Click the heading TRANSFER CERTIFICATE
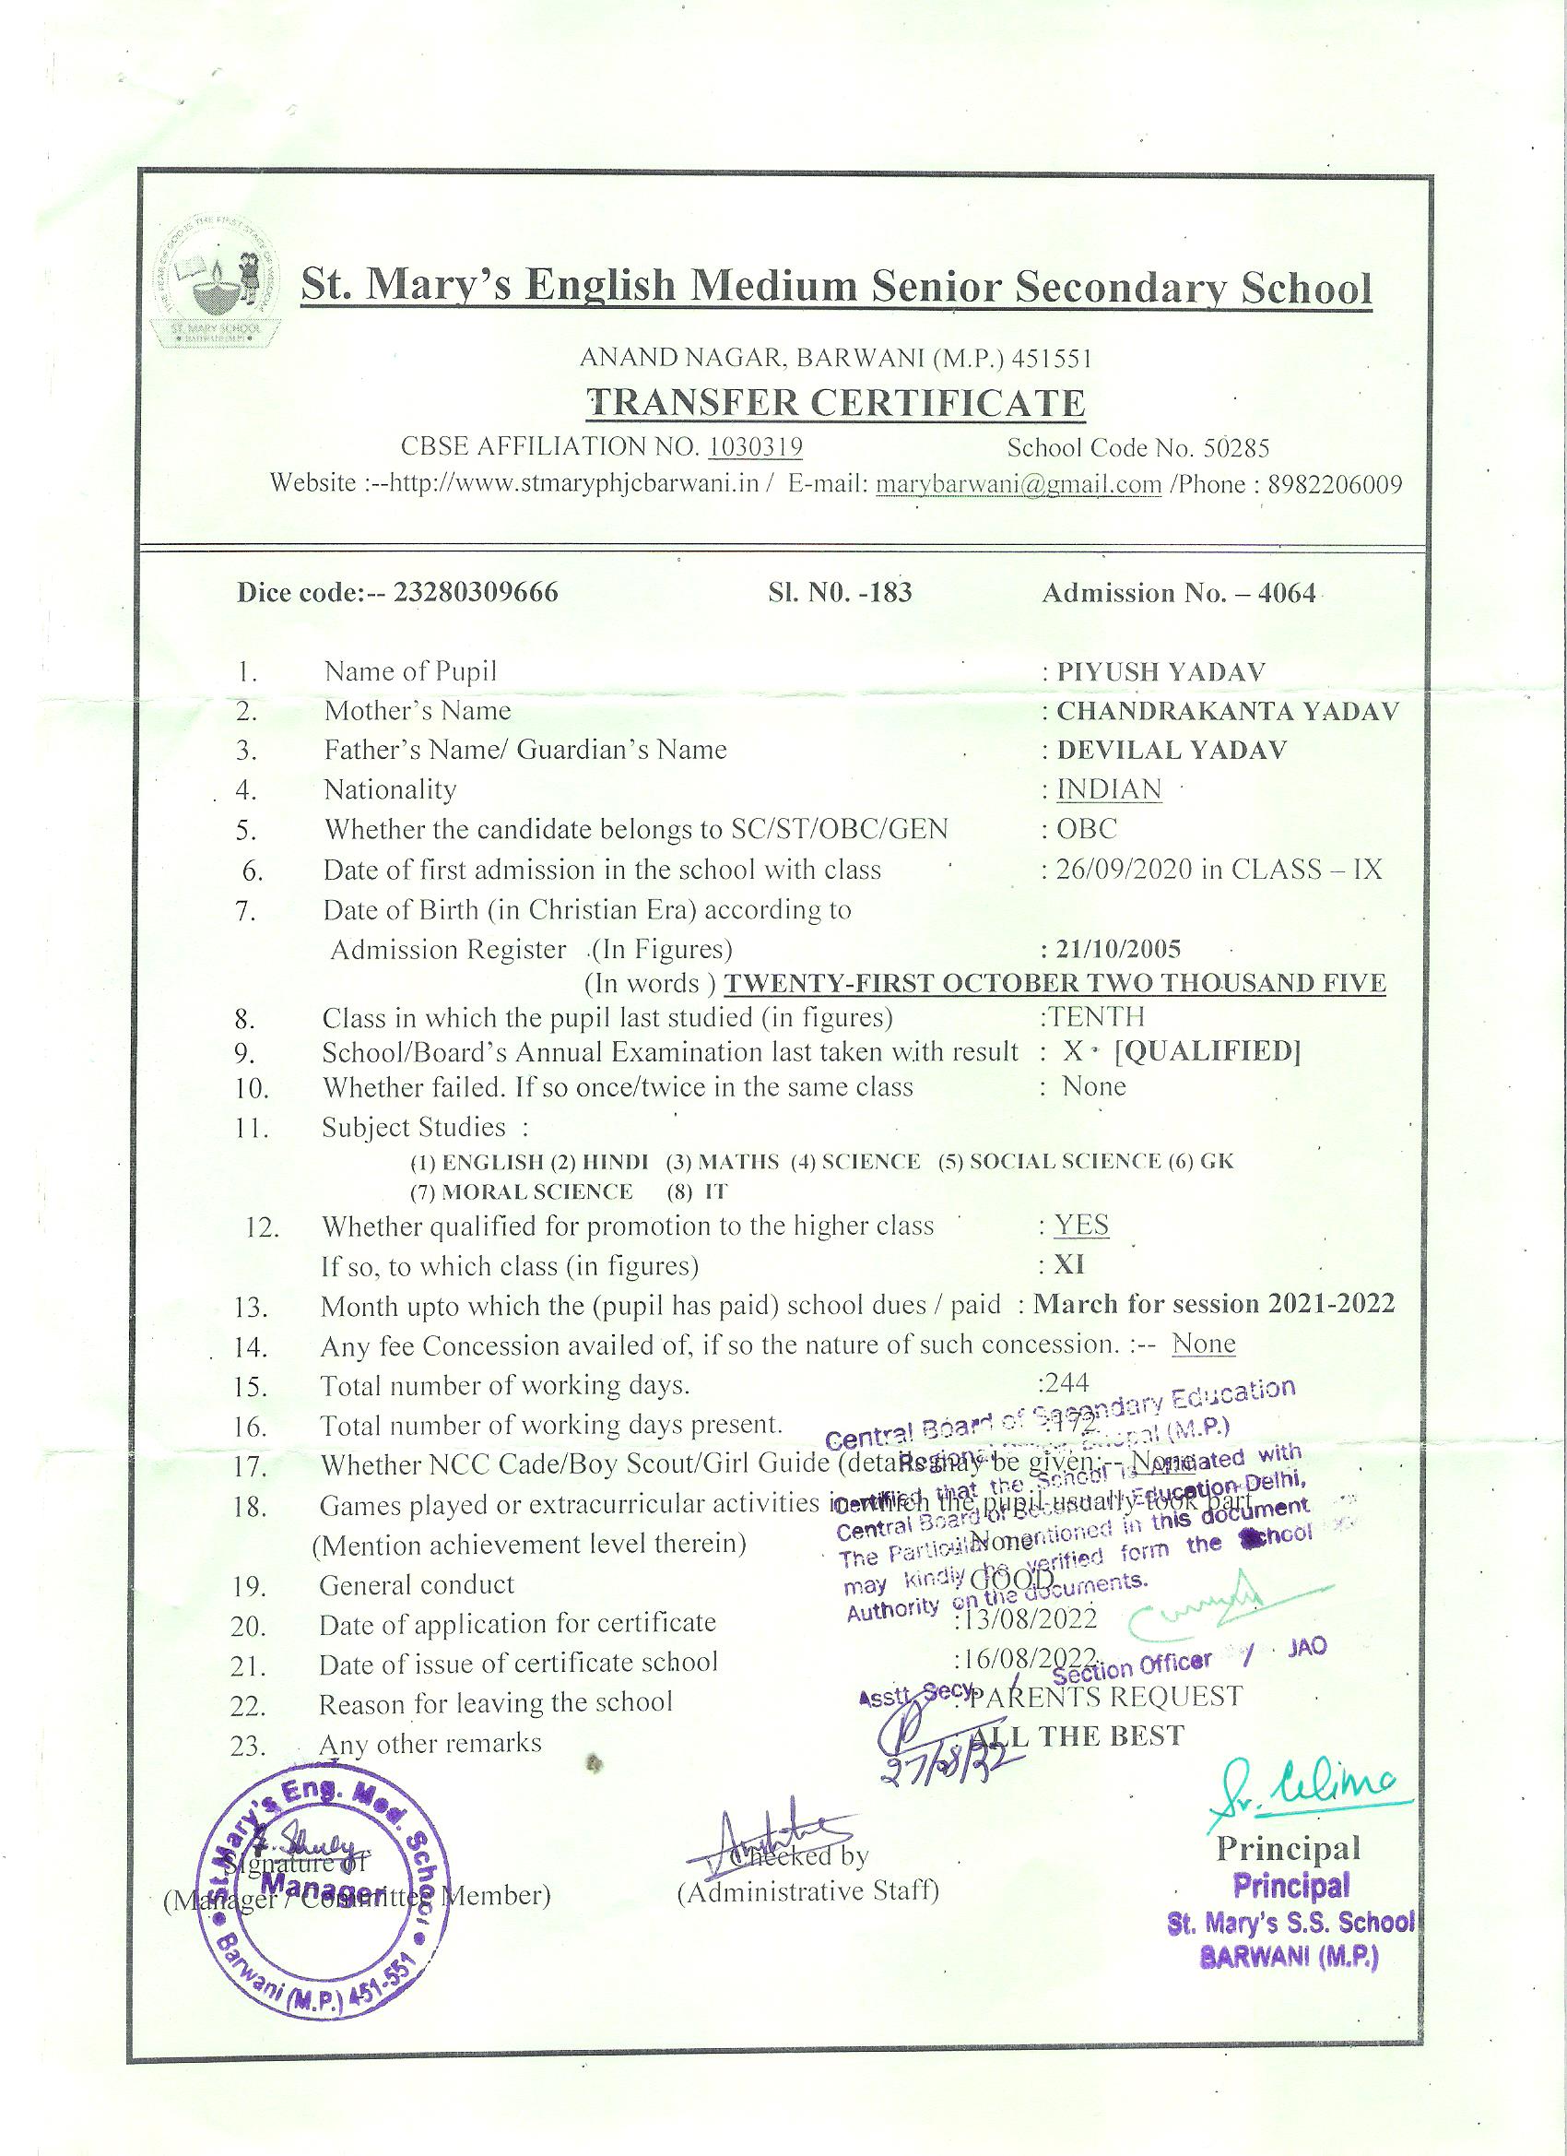(836, 403)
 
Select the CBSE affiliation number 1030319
(757, 447)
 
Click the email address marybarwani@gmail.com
(1019, 485)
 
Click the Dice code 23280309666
(476, 592)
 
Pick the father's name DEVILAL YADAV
(1172, 750)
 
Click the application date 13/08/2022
(1029, 1617)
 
